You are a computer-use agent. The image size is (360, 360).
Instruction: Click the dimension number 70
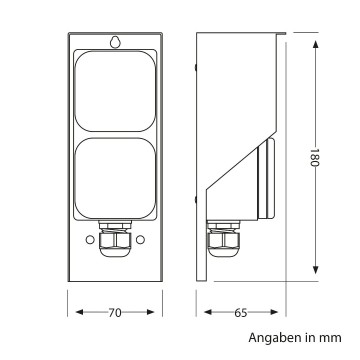coord(115,313)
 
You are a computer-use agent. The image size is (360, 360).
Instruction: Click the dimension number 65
coord(241,313)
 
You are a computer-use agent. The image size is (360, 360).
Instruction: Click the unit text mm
coord(333,340)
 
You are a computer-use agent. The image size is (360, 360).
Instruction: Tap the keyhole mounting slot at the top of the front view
coord(116,43)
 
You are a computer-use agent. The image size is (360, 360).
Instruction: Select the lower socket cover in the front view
coord(115,180)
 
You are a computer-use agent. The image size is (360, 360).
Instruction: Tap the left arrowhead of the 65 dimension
coord(200,313)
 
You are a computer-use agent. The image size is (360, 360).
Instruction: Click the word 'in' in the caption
coord(311,340)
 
